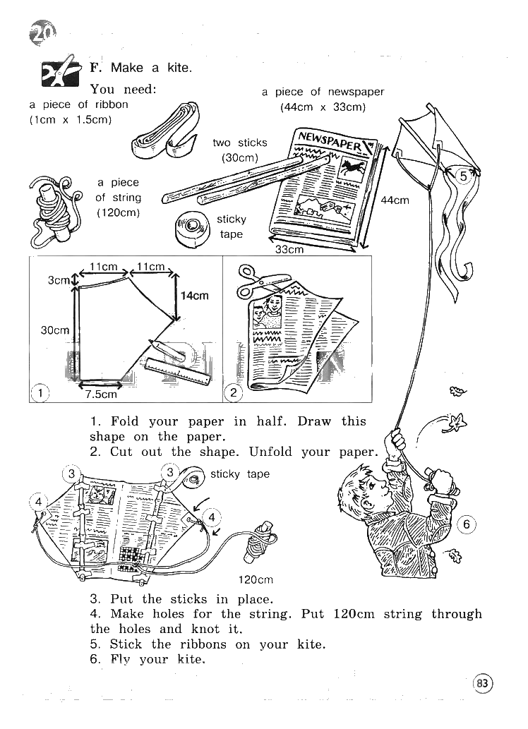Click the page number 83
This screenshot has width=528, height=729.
[483, 683]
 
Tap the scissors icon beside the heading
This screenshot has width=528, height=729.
[60, 71]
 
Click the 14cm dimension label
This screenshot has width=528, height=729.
[194, 296]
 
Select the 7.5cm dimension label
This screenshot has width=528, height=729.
[102, 394]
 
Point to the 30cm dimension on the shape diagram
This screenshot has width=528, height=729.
[55, 330]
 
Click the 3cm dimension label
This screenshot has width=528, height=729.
[59, 280]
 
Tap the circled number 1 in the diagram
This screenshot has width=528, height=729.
[40, 393]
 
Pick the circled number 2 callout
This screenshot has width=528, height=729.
[234, 393]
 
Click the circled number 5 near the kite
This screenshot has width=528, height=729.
[463, 177]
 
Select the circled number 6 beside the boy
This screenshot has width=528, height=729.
[467, 525]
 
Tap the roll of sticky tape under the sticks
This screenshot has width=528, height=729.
[193, 229]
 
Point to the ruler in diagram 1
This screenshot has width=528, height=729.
[178, 371]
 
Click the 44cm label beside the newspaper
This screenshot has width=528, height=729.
[395, 200]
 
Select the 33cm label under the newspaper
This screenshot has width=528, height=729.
[289, 250]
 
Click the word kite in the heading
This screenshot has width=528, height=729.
[179, 68]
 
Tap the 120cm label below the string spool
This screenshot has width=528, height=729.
[256, 580]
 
